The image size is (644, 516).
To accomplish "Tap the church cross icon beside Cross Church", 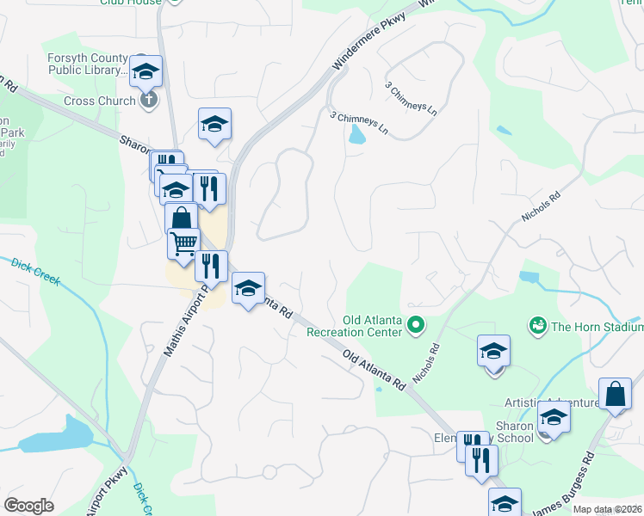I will (x=149, y=101).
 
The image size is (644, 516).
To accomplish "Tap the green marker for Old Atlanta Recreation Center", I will (x=416, y=325).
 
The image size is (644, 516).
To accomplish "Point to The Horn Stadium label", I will (x=597, y=326).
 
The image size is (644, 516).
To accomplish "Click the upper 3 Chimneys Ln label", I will (x=412, y=100).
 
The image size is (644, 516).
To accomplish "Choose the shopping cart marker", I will (x=183, y=244).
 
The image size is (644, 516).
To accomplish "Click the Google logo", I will (x=29, y=506).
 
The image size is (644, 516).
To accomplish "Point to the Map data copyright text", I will (x=607, y=509).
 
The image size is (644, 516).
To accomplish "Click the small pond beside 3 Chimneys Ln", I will (x=356, y=134).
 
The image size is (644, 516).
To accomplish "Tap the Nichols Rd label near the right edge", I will (x=540, y=207).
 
